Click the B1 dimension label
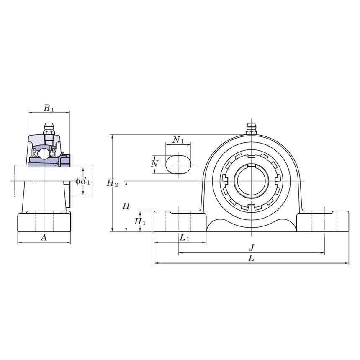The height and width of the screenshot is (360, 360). click(49, 108)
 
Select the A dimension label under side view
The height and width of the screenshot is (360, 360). click(43, 238)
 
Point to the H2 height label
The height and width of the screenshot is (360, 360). click(112, 183)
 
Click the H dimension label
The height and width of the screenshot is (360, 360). click(126, 206)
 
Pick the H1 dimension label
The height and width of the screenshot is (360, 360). click(140, 221)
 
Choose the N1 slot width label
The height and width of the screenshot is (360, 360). click(178, 140)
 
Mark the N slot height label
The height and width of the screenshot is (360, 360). click(155, 163)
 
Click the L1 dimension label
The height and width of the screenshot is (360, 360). click(184, 238)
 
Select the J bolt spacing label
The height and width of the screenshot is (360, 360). click(252, 248)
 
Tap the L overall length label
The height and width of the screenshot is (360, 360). click(251, 259)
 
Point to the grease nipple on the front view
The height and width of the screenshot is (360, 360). click(251, 129)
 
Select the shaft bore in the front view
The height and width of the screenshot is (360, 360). click(251, 181)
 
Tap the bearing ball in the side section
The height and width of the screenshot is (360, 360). click(44, 154)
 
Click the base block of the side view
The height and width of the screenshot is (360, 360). click(44, 222)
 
